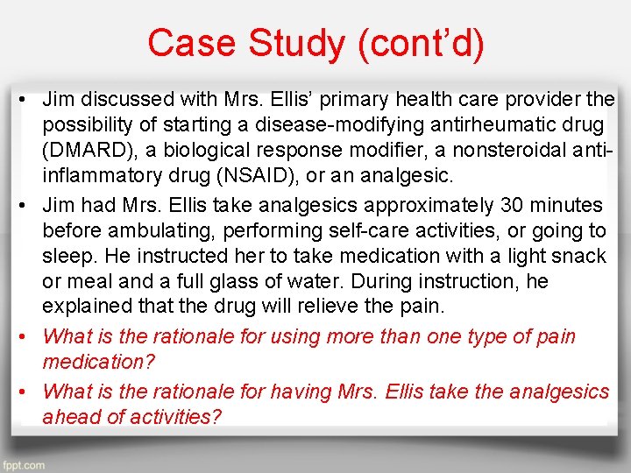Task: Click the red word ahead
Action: click(74, 417)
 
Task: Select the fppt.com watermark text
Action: click(24, 465)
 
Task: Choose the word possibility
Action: click(90, 126)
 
